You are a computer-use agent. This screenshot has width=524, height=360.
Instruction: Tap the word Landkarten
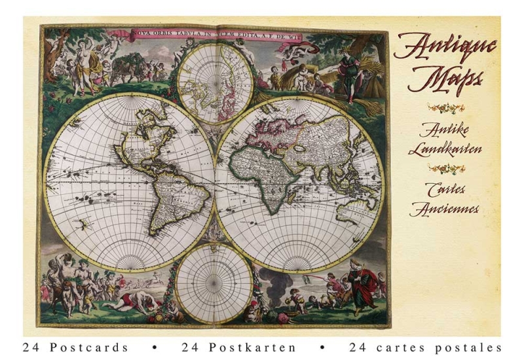(x=445, y=148)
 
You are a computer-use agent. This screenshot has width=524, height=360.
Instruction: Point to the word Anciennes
(x=445, y=209)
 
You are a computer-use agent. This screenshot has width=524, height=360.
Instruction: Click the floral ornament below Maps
(x=446, y=107)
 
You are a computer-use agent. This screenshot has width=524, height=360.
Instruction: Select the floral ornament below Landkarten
(x=446, y=168)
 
